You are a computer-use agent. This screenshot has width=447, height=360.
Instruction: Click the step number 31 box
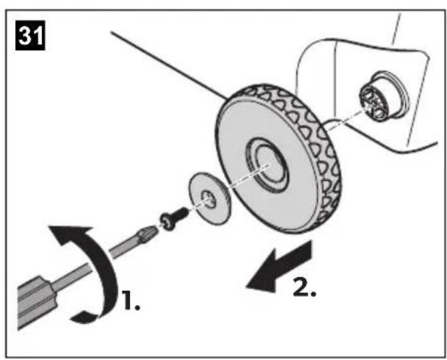click(30, 35)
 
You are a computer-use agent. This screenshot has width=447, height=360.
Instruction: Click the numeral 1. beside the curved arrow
click(131, 300)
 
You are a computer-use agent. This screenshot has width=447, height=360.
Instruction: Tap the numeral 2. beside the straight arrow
click(305, 287)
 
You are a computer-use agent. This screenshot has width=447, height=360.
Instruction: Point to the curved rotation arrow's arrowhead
click(70, 234)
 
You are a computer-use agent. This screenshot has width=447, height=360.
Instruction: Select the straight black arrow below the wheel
click(279, 267)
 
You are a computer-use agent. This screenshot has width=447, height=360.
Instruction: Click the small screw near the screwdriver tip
click(174, 218)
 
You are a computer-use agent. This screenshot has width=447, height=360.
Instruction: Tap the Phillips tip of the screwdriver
click(148, 233)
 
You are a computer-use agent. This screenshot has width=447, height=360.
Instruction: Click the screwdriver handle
click(36, 302)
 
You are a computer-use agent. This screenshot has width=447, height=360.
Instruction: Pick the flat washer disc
click(210, 198)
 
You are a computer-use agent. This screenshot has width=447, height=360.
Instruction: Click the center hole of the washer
click(208, 198)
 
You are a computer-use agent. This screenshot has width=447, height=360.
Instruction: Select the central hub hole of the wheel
click(269, 165)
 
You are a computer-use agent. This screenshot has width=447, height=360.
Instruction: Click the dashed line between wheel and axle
click(346, 120)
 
